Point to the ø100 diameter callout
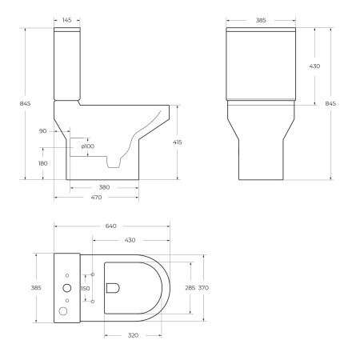click(x=88, y=146)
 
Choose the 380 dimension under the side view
click(x=105, y=188)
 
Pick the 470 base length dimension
click(x=96, y=198)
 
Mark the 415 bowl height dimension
click(x=178, y=142)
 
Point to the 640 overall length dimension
click(x=111, y=226)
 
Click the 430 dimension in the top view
click(x=129, y=240)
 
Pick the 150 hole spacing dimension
click(x=86, y=288)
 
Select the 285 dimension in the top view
click(x=190, y=287)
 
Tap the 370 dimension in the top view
click(x=205, y=287)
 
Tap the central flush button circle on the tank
click(x=66, y=287)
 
